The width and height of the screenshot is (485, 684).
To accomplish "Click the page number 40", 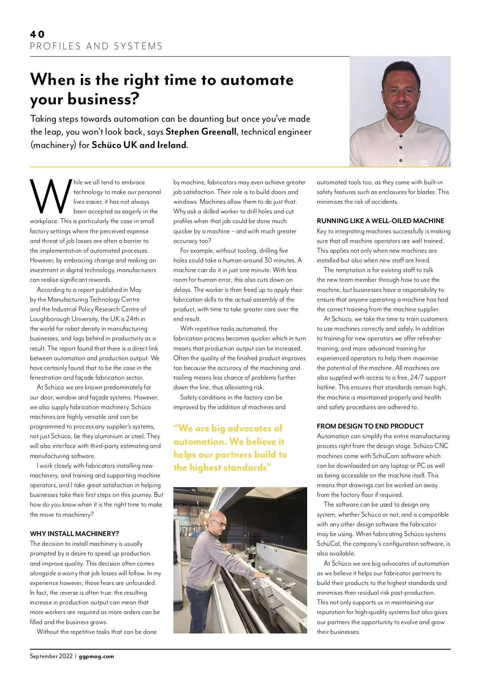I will tap(37, 34).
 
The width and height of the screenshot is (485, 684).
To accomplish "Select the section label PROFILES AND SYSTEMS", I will tap(96, 46).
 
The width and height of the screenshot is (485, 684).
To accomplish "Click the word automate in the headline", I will tap(257, 80).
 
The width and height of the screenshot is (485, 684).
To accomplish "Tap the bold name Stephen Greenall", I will tap(201, 132).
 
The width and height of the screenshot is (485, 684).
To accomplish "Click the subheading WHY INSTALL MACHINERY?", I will tap(74, 534).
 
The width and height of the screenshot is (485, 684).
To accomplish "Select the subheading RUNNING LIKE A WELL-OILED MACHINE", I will tap(380, 221).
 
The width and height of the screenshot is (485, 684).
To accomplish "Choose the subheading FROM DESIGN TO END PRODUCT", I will tap(370, 426).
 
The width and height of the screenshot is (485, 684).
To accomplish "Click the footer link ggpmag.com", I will tap(96, 657).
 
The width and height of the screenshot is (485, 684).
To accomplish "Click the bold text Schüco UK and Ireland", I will tap(139, 145).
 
